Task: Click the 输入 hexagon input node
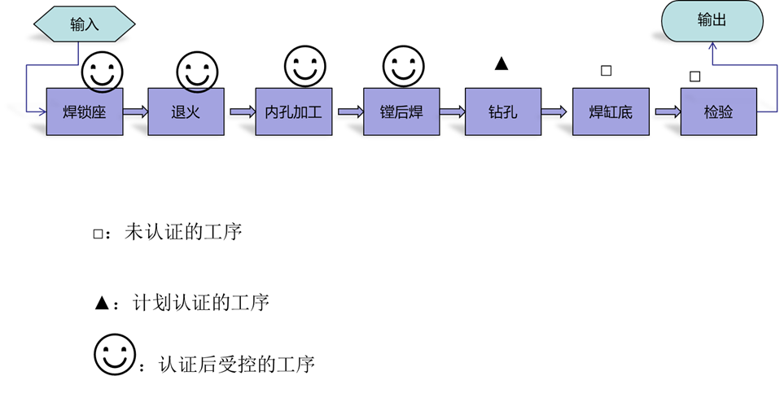click(84, 24)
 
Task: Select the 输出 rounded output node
click(712, 21)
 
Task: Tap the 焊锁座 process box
click(85, 111)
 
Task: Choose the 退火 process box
click(186, 111)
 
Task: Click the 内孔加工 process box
click(293, 111)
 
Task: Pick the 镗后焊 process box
click(401, 111)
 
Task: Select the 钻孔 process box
click(502, 111)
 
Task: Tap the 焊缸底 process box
click(611, 111)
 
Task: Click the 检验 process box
click(718, 111)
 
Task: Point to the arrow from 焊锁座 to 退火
click(135, 111)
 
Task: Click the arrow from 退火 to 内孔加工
click(242, 111)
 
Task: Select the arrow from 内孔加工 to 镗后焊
click(350, 111)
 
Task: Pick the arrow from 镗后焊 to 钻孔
click(452, 111)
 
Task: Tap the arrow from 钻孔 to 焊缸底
click(554, 111)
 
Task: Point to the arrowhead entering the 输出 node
click(712, 47)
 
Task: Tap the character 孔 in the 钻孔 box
click(510, 111)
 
